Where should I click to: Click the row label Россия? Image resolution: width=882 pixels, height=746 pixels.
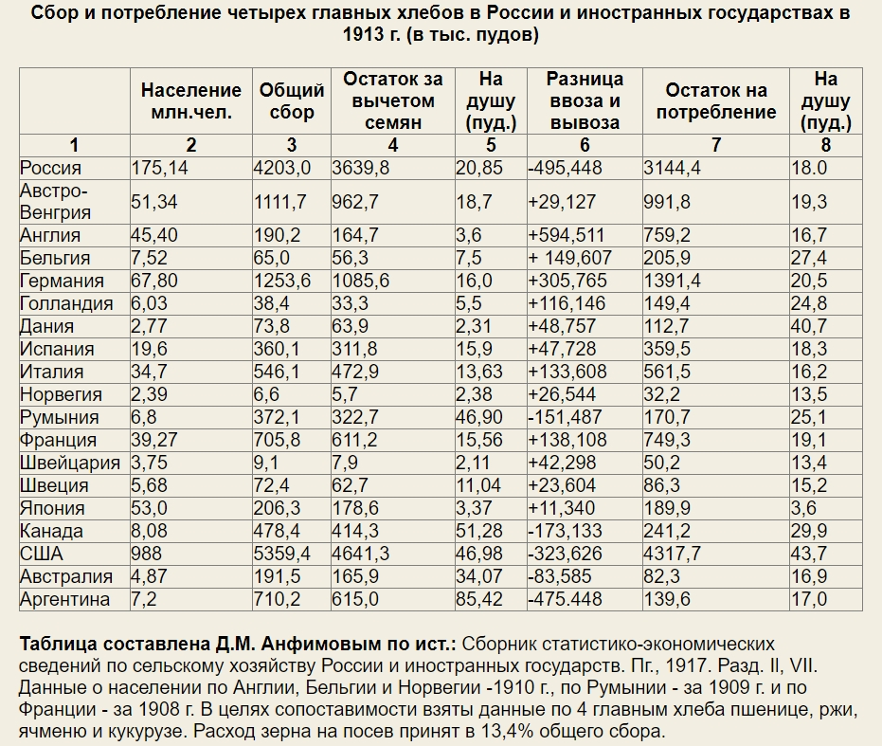pos(51,168)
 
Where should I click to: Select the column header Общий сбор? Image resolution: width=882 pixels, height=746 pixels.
pos(292,101)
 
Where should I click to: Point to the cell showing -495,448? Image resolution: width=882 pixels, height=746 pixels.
pos(566,168)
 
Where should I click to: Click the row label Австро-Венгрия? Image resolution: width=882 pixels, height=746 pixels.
pos(57,202)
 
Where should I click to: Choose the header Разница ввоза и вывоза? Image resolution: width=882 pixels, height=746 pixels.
pos(585,101)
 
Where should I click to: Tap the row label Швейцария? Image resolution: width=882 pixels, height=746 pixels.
pos(70,463)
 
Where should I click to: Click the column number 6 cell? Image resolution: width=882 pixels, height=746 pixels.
pos(585,145)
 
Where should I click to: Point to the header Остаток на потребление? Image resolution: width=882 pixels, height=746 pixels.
pos(715,101)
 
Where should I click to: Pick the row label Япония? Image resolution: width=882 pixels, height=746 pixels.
pos(51,508)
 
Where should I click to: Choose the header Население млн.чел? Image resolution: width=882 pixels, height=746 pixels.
pos(191,101)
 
